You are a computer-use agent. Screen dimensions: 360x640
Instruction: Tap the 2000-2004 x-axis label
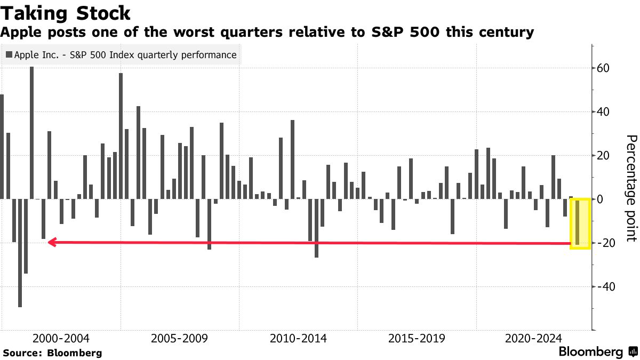click(61, 339)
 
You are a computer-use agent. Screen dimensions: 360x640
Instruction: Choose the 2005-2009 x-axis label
click(179, 339)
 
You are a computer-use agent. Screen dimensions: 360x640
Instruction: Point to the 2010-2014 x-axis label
click(298, 339)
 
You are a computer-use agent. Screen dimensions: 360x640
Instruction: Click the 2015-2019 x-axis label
click(417, 339)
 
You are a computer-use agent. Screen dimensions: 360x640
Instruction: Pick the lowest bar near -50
click(20, 253)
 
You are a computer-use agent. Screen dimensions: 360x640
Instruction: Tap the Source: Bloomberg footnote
click(52, 353)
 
